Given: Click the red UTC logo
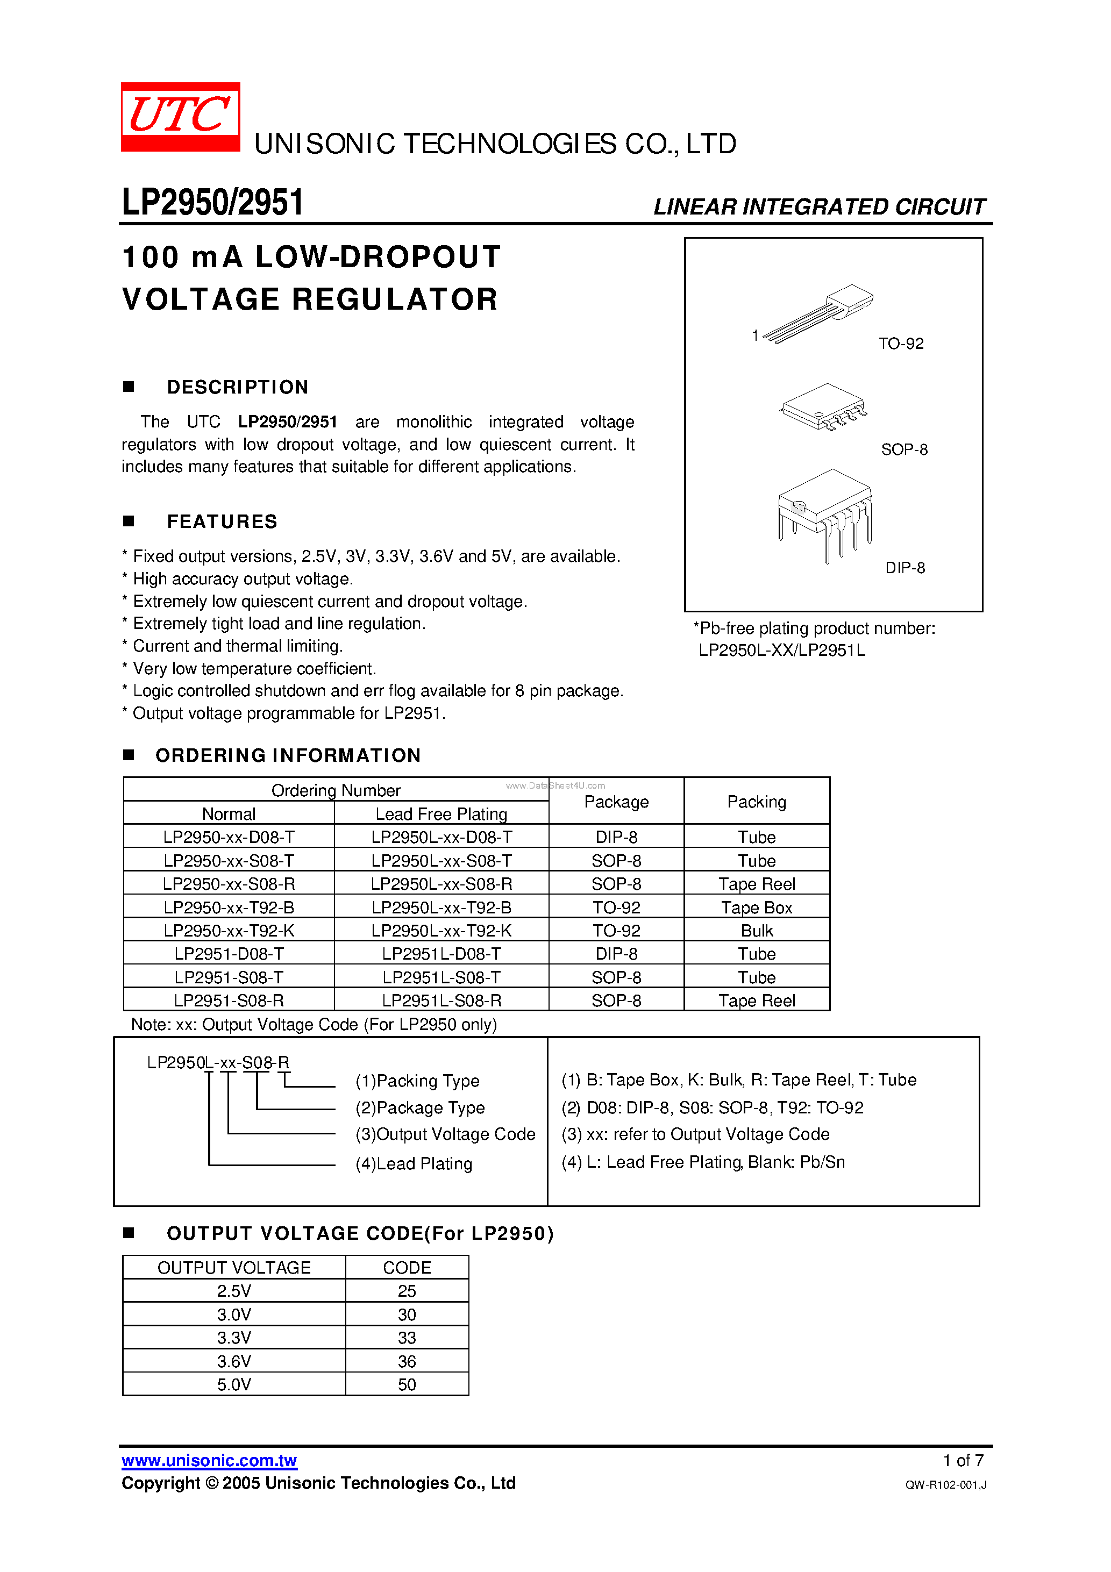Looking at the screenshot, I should point(180,116).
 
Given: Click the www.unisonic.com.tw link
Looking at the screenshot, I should point(209,1460).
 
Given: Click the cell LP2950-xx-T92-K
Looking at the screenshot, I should point(229,931).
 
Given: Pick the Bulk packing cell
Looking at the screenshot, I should point(756,931).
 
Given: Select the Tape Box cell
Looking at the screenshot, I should point(756,907).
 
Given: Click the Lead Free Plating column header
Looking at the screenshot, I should point(441,813).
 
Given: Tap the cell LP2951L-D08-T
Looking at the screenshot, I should point(441,954).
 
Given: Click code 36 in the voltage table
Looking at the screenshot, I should point(407,1361).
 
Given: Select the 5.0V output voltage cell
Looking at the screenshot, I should point(233,1384).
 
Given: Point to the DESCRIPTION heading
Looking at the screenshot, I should point(237,387).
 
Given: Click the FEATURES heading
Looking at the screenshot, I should point(222,521).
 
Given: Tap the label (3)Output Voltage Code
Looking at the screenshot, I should point(445,1134).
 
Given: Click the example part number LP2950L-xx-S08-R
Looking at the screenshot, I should point(218,1062).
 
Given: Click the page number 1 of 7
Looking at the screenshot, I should point(963,1460).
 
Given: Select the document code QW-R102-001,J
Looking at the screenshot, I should point(945,1484).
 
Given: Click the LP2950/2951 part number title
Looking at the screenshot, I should point(212,202).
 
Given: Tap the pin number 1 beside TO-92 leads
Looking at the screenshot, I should point(755,335).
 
